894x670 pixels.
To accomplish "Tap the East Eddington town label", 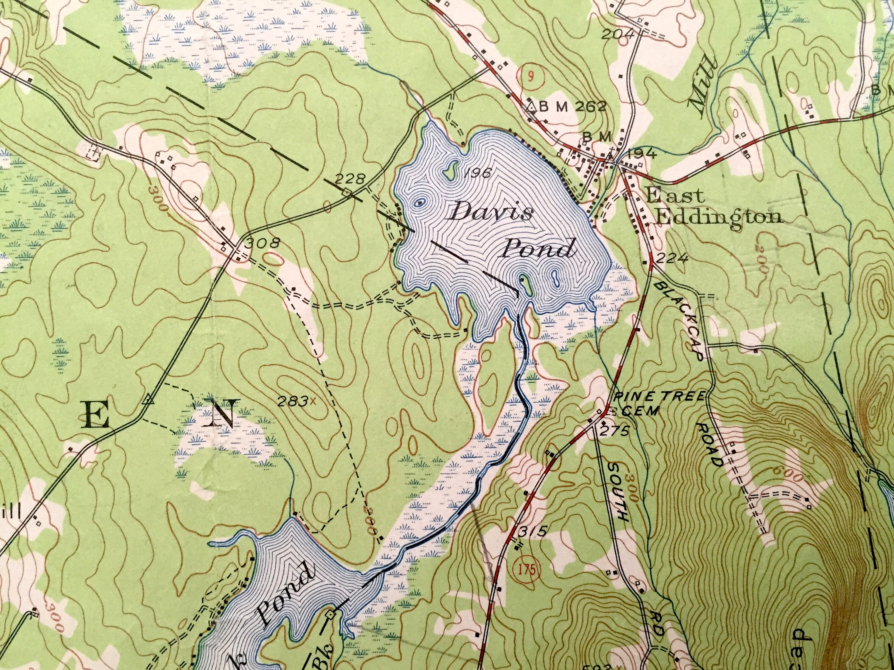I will (x=713, y=207).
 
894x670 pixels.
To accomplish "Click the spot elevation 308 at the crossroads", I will (x=263, y=243).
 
